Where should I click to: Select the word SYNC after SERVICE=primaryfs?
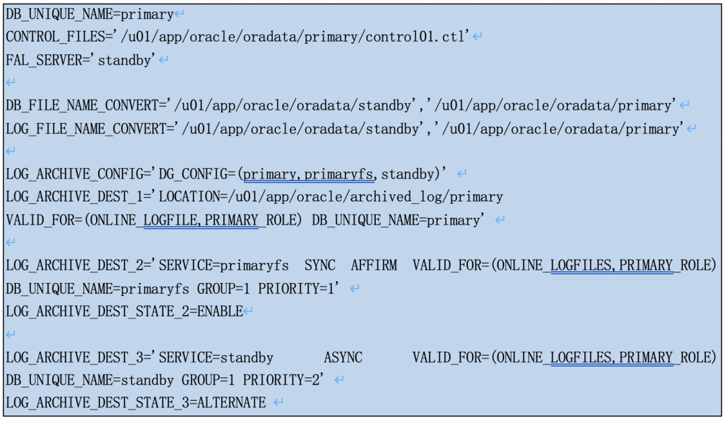pyautogui.click(x=320, y=266)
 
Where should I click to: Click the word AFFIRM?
pyautogui.click(x=374, y=266)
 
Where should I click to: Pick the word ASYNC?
pyautogui.click(x=343, y=357)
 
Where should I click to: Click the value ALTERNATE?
pyautogui.click(x=231, y=403)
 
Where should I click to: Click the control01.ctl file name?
pyautogui.click(x=415, y=37)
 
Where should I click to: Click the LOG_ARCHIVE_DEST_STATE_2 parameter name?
pyautogui.click(x=97, y=311)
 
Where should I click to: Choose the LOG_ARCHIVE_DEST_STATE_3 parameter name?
pyautogui.click(x=97, y=403)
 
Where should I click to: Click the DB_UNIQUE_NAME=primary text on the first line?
pyautogui.click(x=89, y=14)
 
